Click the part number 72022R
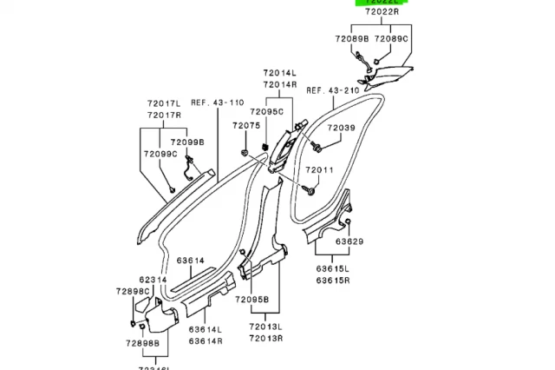[381, 13]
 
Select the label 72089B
[352, 39]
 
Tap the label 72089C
[392, 39]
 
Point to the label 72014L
[281, 73]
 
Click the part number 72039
[339, 128]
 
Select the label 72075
[246, 126]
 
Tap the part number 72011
[317, 169]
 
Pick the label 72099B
[186, 142]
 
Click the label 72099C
[160, 154]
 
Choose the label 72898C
[134, 292]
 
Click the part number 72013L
[267, 327]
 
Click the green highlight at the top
[381, 3]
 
